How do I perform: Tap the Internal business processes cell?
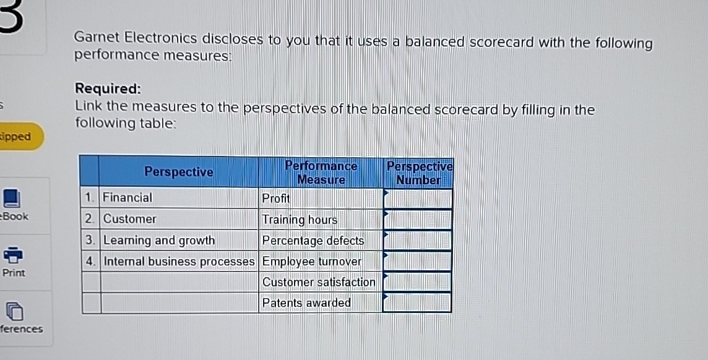click(x=179, y=262)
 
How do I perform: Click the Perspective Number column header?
click(x=419, y=173)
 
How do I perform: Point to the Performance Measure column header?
click(x=321, y=173)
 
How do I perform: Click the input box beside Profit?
click(x=418, y=199)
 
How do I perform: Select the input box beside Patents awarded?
click(x=418, y=302)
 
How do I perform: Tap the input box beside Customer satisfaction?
click(x=418, y=282)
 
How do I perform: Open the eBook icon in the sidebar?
click(x=12, y=199)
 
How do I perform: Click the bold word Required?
click(x=108, y=88)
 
